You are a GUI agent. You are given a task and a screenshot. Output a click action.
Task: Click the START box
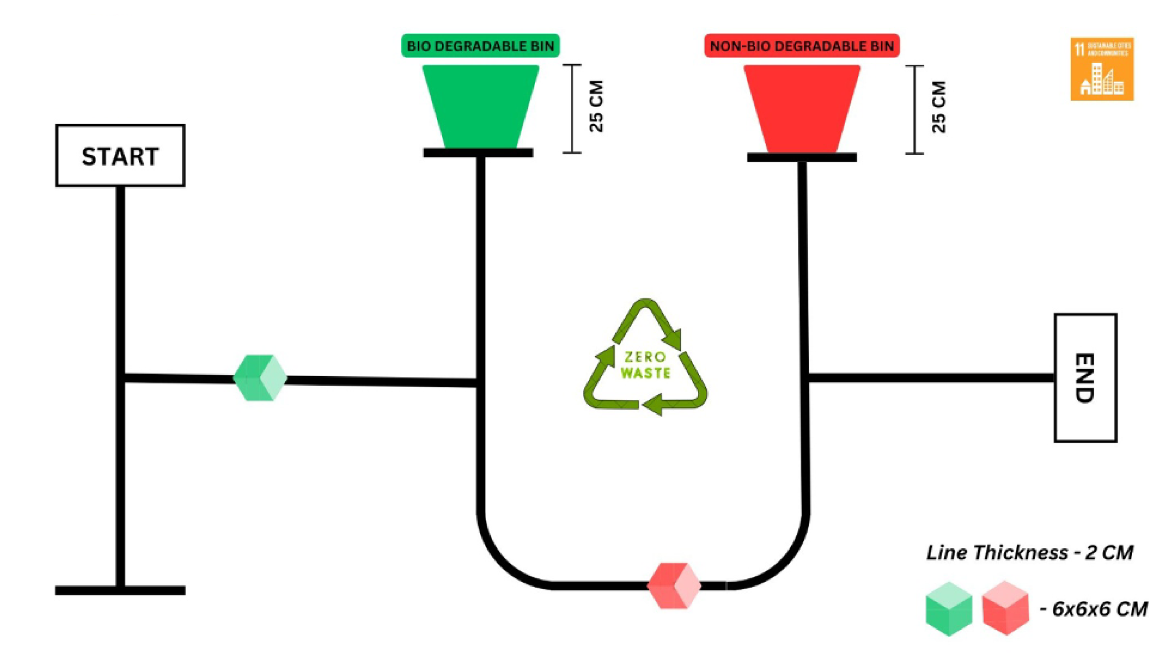[x=120, y=156]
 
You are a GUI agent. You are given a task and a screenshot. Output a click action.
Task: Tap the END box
[x=1085, y=378]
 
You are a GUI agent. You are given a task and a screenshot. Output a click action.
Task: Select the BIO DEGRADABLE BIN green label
[x=480, y=46]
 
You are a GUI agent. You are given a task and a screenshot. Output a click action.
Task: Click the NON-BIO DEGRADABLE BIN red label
[x=802, y=46]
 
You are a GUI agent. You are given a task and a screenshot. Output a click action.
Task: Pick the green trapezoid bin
[x=480, y=106]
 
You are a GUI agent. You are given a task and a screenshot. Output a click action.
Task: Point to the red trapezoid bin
[x=802, y=109]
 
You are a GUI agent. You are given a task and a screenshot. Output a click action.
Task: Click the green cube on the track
[x=260, y=378]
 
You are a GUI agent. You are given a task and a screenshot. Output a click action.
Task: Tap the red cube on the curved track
[x=674, y=586]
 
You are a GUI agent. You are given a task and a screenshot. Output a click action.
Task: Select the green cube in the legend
[x=949, y=609]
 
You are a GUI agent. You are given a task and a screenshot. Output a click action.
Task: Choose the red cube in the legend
[x=1005, y=608]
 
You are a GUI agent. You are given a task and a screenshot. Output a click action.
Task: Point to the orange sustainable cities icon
[x=1102, y=69]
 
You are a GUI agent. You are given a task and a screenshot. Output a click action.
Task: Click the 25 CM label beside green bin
[x=597, y=107]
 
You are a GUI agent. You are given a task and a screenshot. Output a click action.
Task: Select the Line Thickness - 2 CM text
[x=1030, y=553]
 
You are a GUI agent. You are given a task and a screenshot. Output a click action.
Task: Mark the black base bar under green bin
[x=478, y=153]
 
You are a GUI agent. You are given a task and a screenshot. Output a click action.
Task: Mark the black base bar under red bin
[x=802, y=157]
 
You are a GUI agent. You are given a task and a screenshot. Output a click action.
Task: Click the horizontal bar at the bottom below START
[x=120, y=590]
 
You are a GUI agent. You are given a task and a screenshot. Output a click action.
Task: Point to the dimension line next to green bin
[x=572, y=109]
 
